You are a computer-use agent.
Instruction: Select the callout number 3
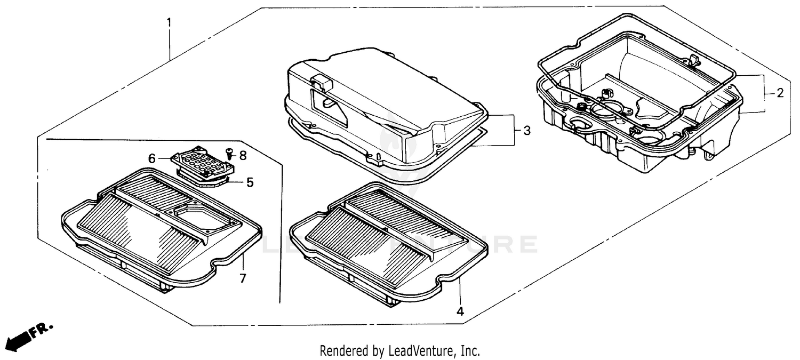tap(526, 131)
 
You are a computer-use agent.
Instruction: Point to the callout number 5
tap(250, 182)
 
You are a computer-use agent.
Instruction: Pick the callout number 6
tap(152, 158)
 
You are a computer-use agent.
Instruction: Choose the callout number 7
tap(243, 278)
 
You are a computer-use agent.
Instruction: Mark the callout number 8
tap(243, 155)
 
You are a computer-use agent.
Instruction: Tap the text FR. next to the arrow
tap(42, 330)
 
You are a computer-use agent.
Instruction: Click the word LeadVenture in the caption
tap(422, 351)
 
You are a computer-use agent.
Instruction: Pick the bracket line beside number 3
tap(514, 130)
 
